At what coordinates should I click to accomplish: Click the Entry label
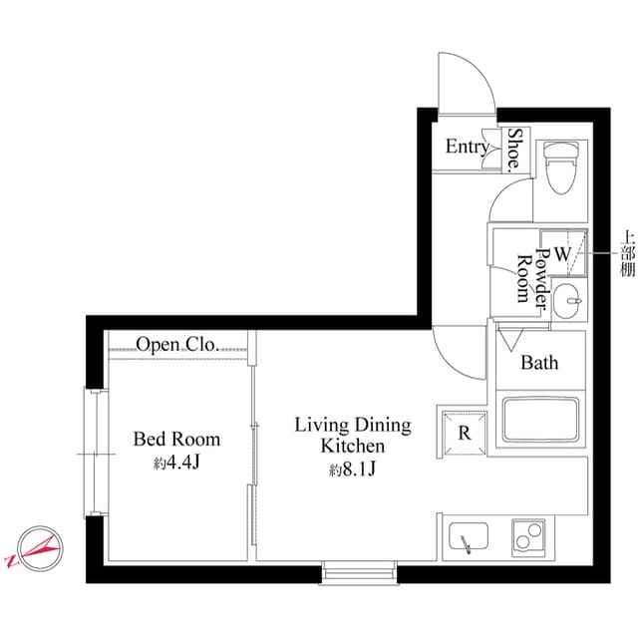[x=467, y=148]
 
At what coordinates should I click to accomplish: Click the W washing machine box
[x=562, y=253]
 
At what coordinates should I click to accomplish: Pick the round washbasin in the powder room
[x=567, y=298]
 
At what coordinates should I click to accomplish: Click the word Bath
[x=540, y=363]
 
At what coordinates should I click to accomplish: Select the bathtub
[x=541, y=420]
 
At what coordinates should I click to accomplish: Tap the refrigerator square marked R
[x=464, y=432]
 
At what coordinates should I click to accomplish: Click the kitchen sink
[x=466, y=539]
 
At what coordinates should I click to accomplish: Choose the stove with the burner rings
[x=528, y=539]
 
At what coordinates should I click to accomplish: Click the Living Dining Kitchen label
[x=352, y=436]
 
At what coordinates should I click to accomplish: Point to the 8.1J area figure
[x=352, y=471]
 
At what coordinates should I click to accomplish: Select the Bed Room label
[x=176, y=439]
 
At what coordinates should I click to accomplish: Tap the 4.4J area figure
[x=177, y=463]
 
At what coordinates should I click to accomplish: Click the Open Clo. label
[x=177, y=345]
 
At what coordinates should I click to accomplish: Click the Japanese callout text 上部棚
[x=627, y=255]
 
